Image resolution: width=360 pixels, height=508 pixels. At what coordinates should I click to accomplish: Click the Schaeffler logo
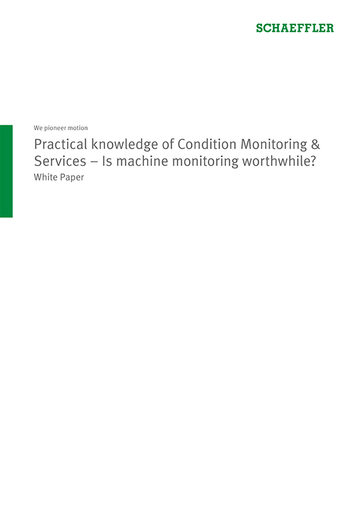pos(295,28)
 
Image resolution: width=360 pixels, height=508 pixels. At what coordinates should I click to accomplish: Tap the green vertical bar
pos(6,171)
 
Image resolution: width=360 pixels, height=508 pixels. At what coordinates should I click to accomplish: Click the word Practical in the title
pos(61,144)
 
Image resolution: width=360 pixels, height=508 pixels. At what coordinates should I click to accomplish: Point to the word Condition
pos(207,144)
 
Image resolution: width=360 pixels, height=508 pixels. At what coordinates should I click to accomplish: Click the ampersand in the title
pos(315,145)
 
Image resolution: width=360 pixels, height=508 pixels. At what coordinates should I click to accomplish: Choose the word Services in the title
pos(60,161)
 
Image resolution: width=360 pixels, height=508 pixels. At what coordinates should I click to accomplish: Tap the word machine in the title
pos(142,161)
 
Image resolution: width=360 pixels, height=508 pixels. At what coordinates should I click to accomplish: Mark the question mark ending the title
pos(313,161)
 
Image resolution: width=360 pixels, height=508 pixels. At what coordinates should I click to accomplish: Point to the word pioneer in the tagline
pos(55,128)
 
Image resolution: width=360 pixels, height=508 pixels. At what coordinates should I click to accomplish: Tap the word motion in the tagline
pos(78,128)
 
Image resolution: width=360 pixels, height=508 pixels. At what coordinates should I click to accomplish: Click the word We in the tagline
pos(38,128)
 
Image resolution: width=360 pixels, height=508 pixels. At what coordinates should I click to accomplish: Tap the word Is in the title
pos(107,161)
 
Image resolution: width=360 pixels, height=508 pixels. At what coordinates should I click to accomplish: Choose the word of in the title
pos(168,144)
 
